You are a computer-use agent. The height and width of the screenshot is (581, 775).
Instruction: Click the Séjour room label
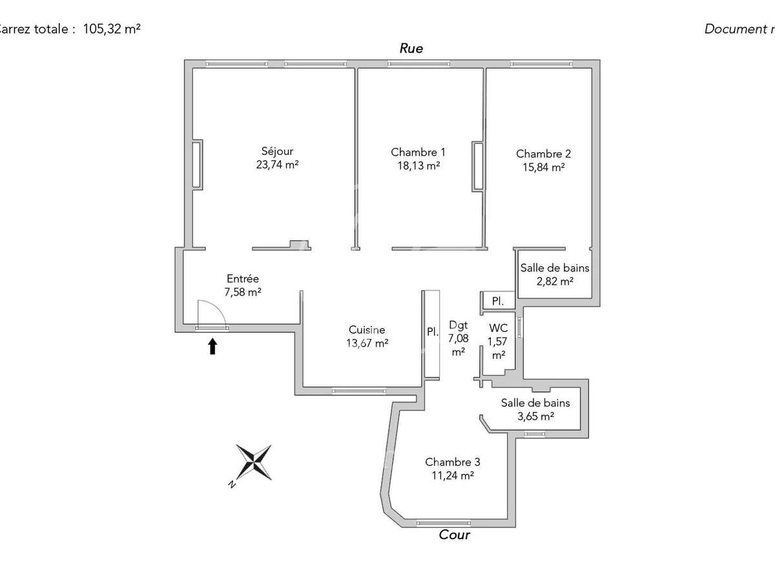(x=277, y=152)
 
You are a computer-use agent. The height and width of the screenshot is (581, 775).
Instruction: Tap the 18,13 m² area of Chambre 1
(x=418, y=165)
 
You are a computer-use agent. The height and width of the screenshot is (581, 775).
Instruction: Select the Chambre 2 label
(x=543, y=154)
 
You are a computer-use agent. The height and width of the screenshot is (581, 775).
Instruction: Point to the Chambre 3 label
(x=452, y=462)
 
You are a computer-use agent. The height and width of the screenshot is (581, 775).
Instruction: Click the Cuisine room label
(x=367, y=329)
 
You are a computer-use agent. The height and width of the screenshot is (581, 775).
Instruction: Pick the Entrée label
(x=243, y=279)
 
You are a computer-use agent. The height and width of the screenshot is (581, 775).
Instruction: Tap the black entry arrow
(x=212, y=347)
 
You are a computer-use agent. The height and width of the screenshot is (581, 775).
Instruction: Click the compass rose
(x=253, y=462)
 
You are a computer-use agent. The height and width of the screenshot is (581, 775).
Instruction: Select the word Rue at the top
(x=411, y=48)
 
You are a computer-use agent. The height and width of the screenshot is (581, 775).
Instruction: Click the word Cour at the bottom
(x=454, y=535)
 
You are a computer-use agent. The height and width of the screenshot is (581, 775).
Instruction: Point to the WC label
(x=498, y=327)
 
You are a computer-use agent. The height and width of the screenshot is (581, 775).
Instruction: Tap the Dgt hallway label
(x=458, y=327)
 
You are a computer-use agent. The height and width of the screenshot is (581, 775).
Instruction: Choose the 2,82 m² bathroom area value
(x=555, y=281)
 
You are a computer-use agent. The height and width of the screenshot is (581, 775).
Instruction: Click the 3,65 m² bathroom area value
(x=535, y=416)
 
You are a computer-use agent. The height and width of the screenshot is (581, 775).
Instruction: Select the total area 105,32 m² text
(x=112, y=29)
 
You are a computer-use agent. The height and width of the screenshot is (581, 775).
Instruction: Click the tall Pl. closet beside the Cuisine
(x=432, y=333)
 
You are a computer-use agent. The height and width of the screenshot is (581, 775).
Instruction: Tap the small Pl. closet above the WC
(x=498, y=301)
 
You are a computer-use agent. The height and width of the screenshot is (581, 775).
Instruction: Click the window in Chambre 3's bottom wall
(x=443, y=522)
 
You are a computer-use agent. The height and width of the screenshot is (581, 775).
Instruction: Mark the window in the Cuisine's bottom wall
(x=358, y=391)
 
